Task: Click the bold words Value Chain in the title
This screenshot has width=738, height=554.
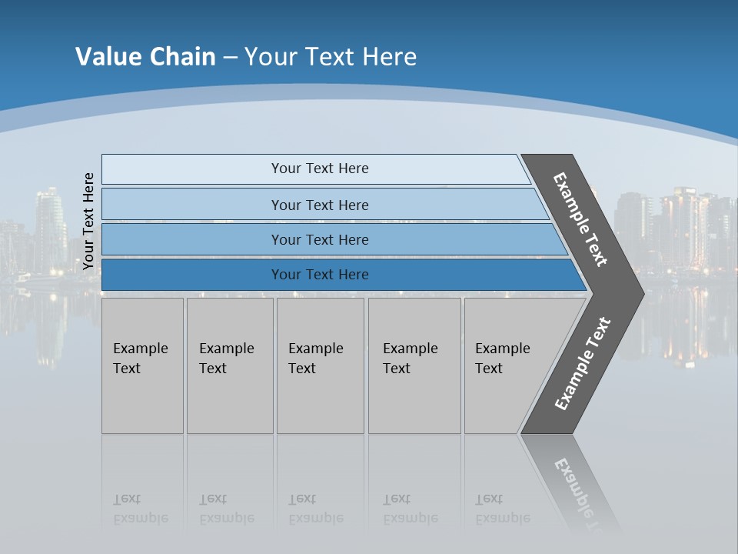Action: coord(145,57)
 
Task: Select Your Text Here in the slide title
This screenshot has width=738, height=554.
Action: coord(331,57)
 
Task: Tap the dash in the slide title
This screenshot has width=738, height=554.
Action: coord(230,58)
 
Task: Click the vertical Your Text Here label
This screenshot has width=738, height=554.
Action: coord(88,221)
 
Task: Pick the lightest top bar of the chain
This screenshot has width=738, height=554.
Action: coord(319,169)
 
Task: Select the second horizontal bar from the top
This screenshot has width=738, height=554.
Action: coord(319,205)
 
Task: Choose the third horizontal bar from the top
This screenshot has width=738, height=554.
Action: coord(319,239)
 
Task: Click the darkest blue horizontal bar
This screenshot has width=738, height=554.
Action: coord(319,275)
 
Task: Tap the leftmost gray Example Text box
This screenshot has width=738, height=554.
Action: coord(142,365)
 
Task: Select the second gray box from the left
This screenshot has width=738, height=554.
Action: coord(230,365)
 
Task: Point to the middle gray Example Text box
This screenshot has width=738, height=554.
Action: coord(320,365)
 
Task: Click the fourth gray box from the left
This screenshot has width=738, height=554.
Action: coord(414,365)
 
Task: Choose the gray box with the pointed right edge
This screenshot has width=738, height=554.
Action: coord(507,365)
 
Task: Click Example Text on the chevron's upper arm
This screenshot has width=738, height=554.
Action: coord(580,219)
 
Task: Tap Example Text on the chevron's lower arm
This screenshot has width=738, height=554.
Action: coord(582,364)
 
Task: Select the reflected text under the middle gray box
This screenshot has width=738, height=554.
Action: coord(315,509)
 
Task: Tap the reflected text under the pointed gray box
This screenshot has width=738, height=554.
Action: coord(502,509)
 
